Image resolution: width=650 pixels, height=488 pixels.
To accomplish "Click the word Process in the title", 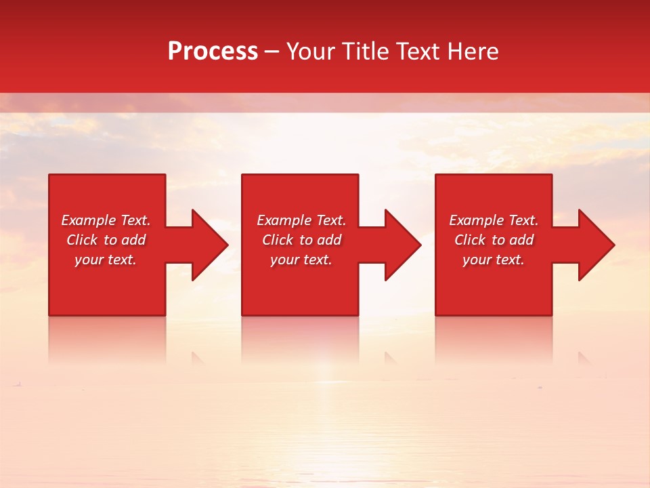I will (213, 52).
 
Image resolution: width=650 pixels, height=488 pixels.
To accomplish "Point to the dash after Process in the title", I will (272, 52).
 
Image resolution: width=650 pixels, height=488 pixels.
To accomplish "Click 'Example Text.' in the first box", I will (106, 220).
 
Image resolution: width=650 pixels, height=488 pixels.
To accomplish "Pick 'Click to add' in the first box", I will (106, 240).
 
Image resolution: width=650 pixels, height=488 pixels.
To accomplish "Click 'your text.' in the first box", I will (106, 260).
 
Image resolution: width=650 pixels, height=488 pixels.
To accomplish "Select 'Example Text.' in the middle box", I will (301, 220).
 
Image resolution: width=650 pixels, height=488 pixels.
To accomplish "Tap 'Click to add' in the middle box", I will (301, 240).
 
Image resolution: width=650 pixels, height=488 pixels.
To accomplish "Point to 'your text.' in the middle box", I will (301, 260).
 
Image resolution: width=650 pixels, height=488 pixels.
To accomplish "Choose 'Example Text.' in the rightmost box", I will (494, 220).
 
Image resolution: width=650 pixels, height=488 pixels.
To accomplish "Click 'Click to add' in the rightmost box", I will (494, 240).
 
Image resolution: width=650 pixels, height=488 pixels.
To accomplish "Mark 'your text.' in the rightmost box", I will (494, 260).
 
